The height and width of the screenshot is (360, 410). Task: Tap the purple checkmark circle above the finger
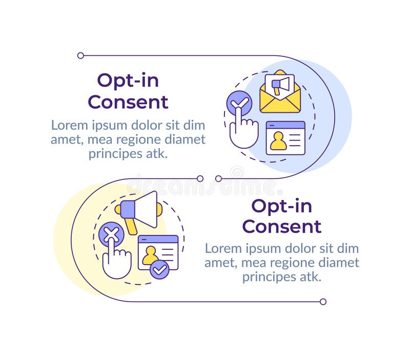click(x=239, y=103)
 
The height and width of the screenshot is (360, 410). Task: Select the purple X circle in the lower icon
click(x=111, y=235)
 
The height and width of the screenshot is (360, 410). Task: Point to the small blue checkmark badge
click(x=160, y=269)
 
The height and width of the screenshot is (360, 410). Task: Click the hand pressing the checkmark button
click(x=243, y=132)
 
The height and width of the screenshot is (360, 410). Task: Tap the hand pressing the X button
click(x=116, y=262)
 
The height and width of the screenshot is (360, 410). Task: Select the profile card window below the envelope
click(x=285, y=137)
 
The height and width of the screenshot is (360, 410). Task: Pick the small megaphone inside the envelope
click(x=280, y=85)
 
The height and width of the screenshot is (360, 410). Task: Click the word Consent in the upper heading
click(x=128, y=102)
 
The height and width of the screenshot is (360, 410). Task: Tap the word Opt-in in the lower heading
click(x=281, y=206)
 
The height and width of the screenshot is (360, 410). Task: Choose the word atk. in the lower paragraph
click(x=309, y=277)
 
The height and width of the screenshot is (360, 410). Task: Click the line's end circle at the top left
click(x=80, y=55)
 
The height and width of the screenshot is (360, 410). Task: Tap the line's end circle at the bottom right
click(x=323, y=302)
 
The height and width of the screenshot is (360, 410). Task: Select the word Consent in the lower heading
click(x=281, y=226)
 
